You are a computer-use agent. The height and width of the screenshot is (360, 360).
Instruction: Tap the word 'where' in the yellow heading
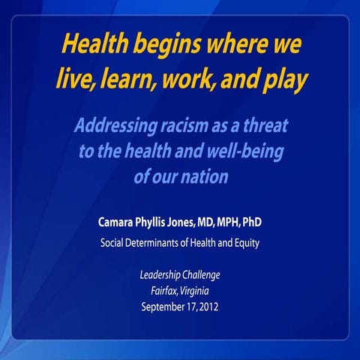coord(233,44)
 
